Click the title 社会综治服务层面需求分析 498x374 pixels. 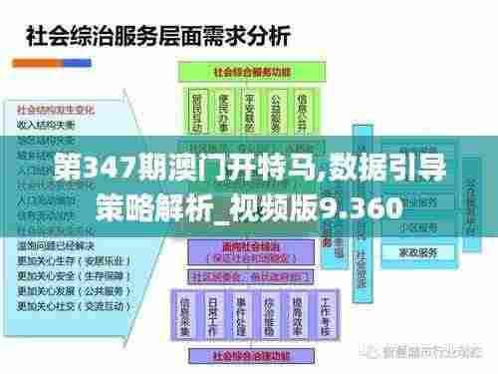[157, 39]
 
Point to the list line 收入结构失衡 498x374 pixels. [45, 125]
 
